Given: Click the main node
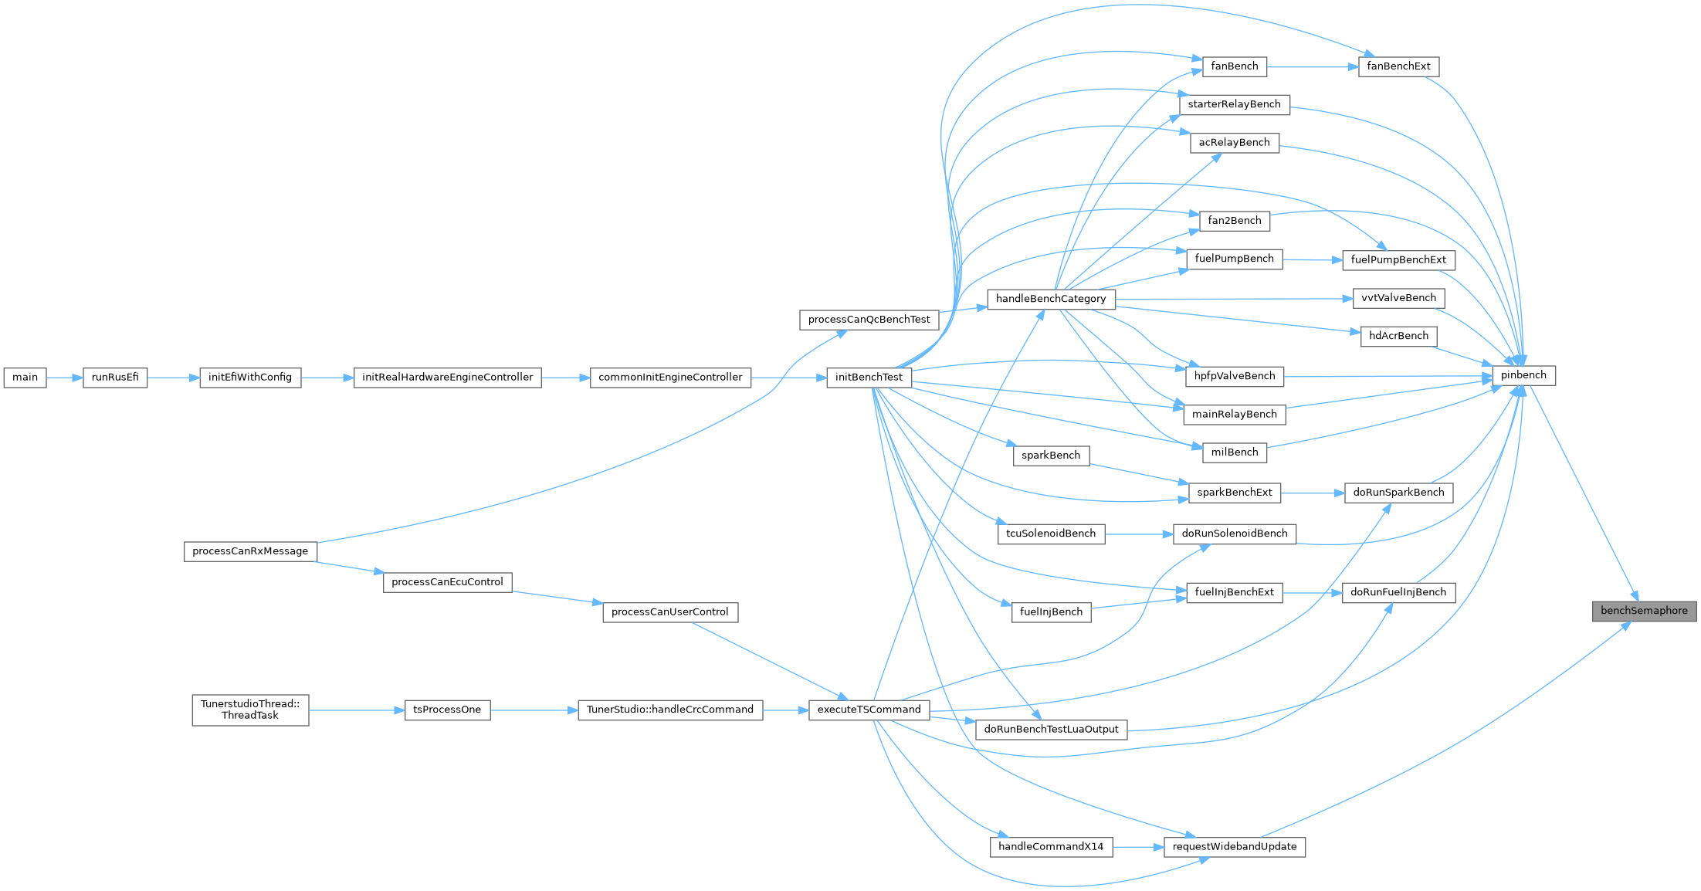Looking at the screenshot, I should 25,378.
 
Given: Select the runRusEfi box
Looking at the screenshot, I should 115,378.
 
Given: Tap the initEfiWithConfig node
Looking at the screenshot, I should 250,378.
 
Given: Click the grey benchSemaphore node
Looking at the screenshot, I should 1644,611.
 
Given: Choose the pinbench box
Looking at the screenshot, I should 1523,376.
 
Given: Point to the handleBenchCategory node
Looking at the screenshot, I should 1050,299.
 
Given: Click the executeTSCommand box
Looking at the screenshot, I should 869,710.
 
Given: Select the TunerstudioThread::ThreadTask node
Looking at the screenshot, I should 250,710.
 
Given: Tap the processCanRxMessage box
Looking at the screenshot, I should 250,551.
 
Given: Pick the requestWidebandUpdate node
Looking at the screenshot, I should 1234,847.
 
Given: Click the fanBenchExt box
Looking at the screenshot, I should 1398,66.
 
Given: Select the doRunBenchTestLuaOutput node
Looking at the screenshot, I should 1051,730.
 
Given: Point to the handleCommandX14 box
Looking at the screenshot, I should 1051,847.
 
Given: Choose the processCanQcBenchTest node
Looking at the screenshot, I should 869,320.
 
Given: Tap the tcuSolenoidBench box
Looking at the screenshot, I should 1051,534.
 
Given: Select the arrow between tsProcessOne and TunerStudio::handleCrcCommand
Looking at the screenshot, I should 534,710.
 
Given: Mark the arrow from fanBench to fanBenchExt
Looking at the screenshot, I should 1313,66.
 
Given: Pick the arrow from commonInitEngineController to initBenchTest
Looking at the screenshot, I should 788,378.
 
